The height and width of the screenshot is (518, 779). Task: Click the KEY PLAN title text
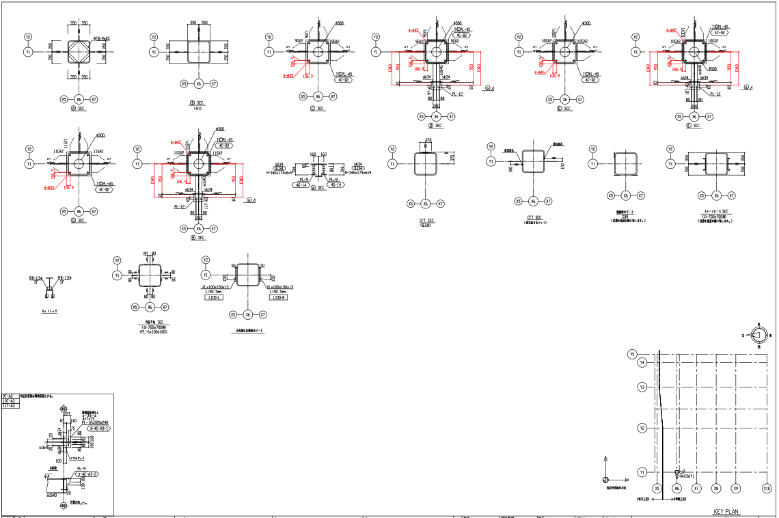coord(726,512)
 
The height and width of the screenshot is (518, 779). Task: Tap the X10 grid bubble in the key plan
coord(767,489)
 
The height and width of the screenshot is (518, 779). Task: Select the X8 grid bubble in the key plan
coord(716,489)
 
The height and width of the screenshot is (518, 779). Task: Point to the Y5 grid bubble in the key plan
coord(633,354)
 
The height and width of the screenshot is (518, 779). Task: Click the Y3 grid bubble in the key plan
coord(642,387)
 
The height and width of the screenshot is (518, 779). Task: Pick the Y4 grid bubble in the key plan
coord(642,363)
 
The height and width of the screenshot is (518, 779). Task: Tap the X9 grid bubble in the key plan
coord(736,489)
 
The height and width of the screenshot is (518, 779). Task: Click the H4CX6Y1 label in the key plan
coord(686,476)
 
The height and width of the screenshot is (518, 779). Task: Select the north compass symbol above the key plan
coord(758,335)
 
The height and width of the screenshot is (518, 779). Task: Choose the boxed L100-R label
coord(279,298)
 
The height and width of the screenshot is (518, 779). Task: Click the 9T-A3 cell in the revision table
coord(10,396)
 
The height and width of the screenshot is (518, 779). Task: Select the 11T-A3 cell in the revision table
coord(11,406)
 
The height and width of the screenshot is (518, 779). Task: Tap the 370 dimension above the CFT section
coord(428,141)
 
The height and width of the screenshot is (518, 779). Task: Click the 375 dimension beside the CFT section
coord(453,158)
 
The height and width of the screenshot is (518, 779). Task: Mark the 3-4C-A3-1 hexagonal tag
coord(95,428)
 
